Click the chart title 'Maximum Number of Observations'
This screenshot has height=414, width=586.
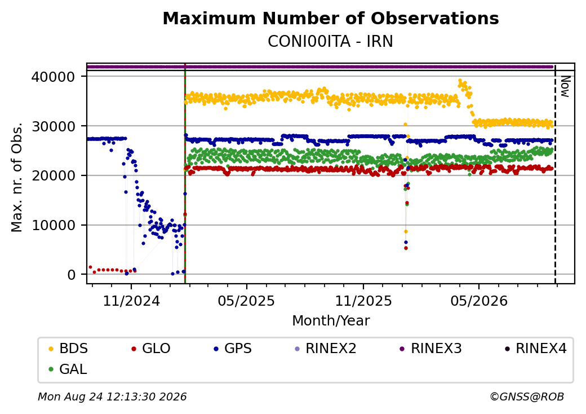331,18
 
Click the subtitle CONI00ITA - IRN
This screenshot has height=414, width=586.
330,42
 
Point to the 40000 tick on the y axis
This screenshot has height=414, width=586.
54,77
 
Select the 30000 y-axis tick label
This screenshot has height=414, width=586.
54,126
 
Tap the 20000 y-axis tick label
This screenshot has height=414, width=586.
54,176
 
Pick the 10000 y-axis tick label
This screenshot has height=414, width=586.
54,225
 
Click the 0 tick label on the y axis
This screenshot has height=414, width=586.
72,275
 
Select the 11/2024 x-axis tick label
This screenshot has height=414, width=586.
131,301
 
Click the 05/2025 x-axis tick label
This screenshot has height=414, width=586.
246,301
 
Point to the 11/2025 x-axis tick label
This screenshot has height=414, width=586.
363,301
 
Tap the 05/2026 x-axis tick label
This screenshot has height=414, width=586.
479,301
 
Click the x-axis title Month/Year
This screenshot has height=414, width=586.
331,321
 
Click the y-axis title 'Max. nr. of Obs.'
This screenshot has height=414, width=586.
17,177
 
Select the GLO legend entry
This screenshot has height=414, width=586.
151,349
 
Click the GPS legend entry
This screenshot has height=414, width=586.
233,349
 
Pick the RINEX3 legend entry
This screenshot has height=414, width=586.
431,349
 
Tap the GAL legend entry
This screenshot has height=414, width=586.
68,369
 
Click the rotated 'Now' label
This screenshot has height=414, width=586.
565,87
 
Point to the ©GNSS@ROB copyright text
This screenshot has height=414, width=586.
527,397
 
